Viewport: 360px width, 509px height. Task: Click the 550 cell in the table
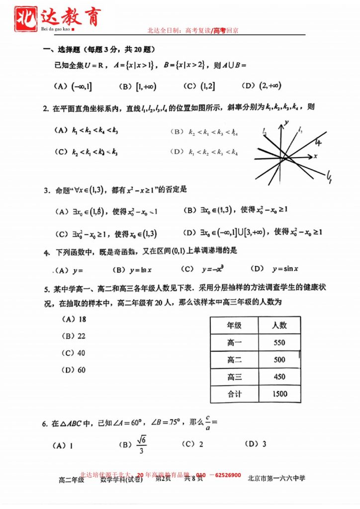279,342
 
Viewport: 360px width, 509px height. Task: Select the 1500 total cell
279,394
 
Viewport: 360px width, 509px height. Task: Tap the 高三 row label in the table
234,377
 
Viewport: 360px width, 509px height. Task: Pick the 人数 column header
279,325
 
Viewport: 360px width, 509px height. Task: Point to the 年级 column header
234,325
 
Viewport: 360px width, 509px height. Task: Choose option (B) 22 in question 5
74,336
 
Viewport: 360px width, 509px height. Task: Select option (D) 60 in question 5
74,370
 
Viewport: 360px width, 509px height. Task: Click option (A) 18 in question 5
74,319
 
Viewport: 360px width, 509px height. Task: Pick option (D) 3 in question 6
257,444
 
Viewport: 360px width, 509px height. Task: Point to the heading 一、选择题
62,49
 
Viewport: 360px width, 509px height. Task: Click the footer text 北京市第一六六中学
276,478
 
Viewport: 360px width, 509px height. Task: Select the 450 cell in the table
279,377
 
